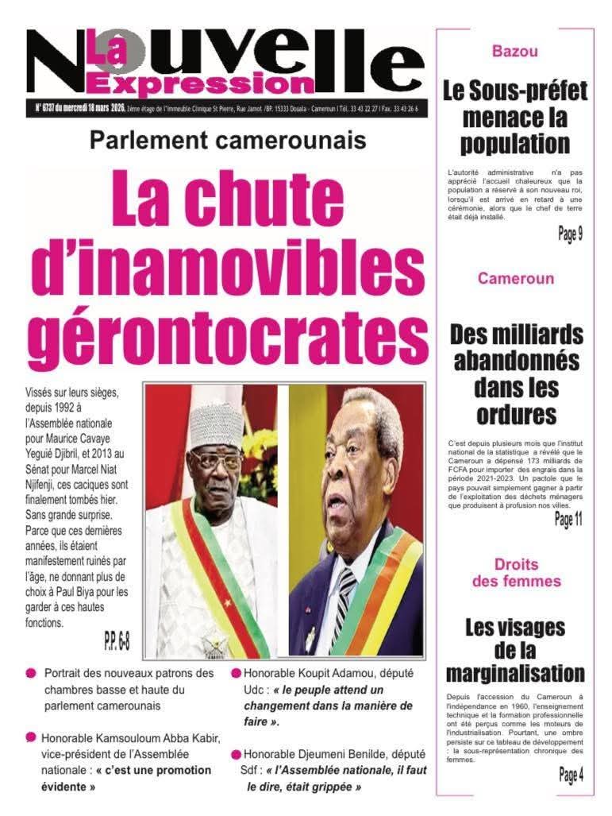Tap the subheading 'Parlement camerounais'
pyautogui.click(x=227, y=141)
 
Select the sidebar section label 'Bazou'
pyautogui.click(x=514, y=52)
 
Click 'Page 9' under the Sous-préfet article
pyautogui.click(x=569, y=234)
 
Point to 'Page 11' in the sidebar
pyautogui.click(x=568, y=520)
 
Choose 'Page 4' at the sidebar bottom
pyautogui.click(x=570, y=775)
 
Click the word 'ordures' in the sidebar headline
pyautogui.click(x=516, y=414)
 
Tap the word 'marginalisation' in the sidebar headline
pyautogui.click(x=514, y=674)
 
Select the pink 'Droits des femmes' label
pyautogui.click(x=516, y=573)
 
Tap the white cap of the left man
pyautogui.click(x=216, y=425)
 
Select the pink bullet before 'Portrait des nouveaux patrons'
pyautogui.click(x=31, y=673)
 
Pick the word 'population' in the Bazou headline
pyautogui.click(x=514, y=143)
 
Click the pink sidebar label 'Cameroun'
pyautogui.click(x=515, y=279)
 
